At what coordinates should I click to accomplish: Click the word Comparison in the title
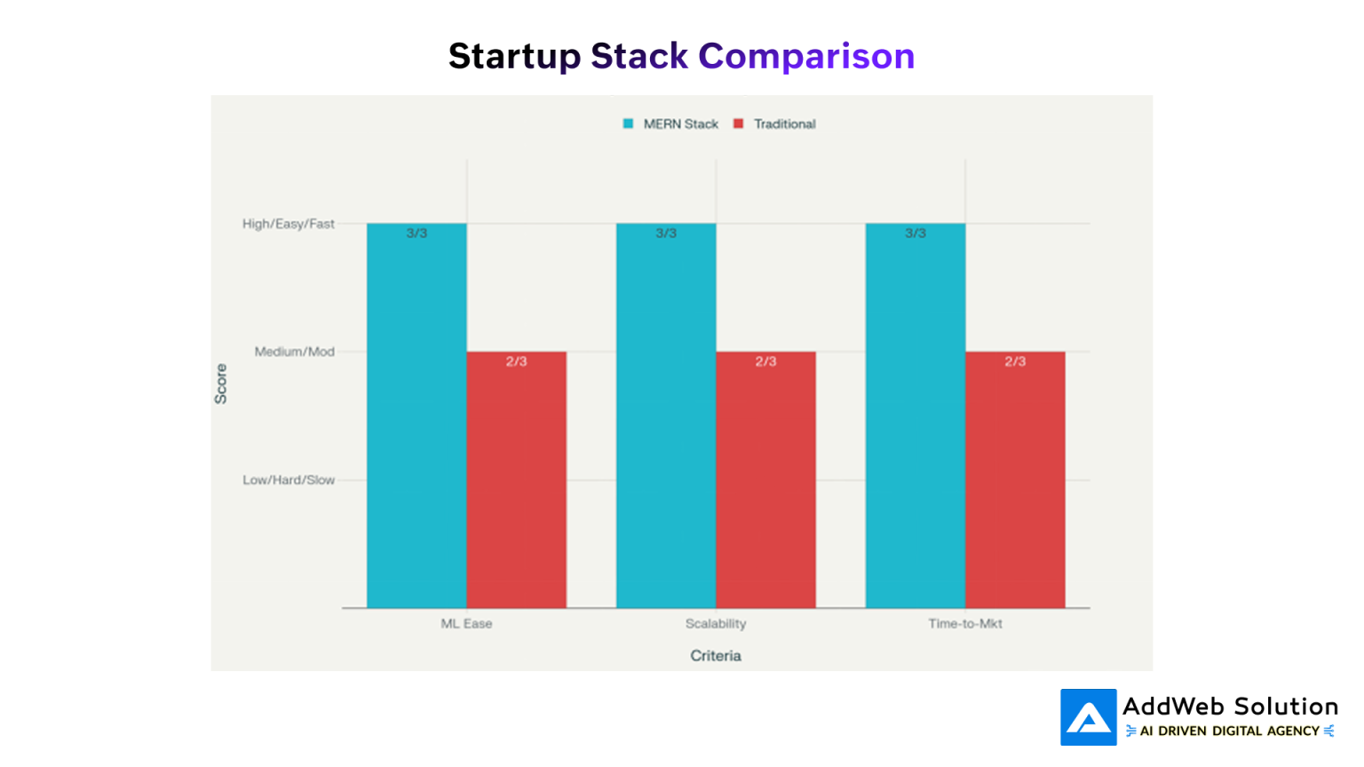coord(806,56)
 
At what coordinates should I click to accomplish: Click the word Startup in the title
coord(514,56)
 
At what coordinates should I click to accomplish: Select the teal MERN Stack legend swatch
coord(628,124)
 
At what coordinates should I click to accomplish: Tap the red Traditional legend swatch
coord(738,124)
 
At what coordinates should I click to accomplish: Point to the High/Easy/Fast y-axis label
coord(289,224)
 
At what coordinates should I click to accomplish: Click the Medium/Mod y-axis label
coord(294,352)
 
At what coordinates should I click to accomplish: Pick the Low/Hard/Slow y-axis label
coord(289,480)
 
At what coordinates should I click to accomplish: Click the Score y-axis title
coord(221,383)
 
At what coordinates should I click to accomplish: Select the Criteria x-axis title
coord(716,656)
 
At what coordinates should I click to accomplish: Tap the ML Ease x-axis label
coord(466,624)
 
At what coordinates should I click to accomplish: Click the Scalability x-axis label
coord(716,624)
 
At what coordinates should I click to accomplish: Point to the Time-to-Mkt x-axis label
coord(965,624)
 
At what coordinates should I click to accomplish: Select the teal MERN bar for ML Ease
coord(416,417)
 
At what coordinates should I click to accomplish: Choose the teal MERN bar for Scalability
coord(666,417)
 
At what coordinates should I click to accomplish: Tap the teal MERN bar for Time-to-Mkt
coord(916,417)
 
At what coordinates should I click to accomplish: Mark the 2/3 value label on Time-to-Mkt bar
coord(1015,361)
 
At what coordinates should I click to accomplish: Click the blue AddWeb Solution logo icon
coord(1088,717)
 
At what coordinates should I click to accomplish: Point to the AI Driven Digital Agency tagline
coord(1230,731)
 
